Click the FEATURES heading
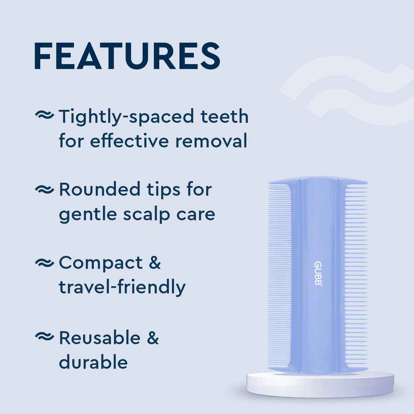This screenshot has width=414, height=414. coord(127,56)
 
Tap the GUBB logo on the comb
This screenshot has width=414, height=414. coord(318,273)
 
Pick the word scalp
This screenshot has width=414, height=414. coord(148,214)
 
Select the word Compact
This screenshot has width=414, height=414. coord(101,263)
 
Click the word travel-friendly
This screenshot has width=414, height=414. coord(122,288)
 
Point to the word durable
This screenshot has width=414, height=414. coord(93,362)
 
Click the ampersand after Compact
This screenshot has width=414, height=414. coord(154,263)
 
